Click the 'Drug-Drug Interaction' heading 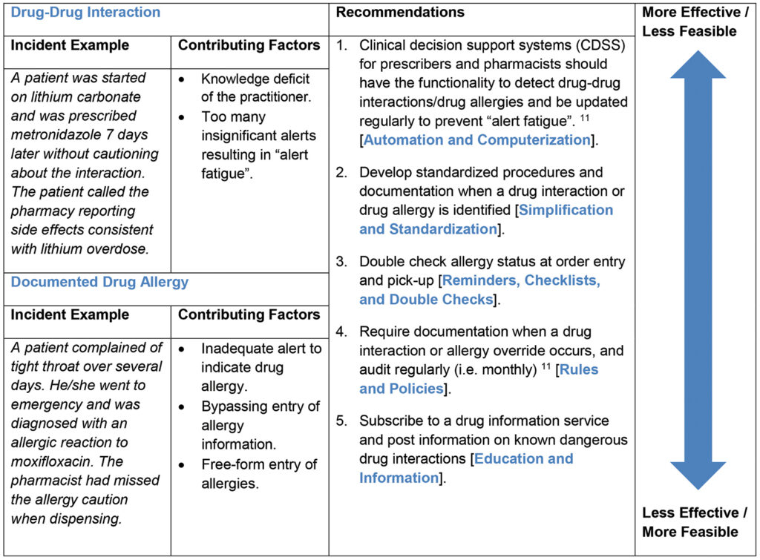(85, 13)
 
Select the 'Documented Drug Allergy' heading (99, 282)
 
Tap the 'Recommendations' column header (400, 13)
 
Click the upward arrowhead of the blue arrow (698, 65)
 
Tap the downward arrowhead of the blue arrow (698, 475)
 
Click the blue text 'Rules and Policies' (479, 379)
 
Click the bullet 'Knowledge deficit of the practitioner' (255, 88)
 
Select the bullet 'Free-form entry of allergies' (258, 473)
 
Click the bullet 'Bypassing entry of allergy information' (260, 425)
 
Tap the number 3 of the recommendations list (341, 262)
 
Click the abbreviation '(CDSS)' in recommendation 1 (597, 45)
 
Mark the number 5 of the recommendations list (341, 421)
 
